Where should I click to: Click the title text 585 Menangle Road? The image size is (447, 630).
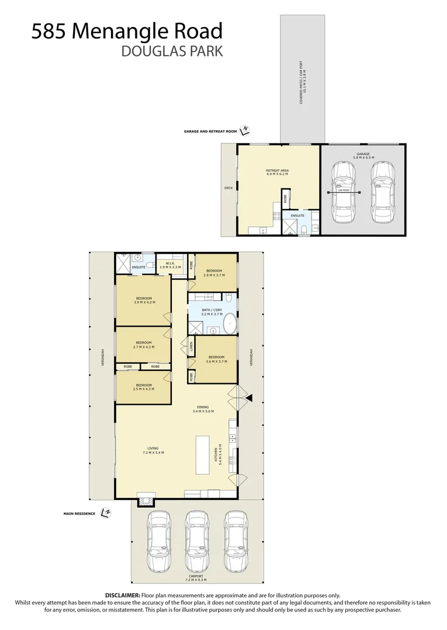coord(127,30)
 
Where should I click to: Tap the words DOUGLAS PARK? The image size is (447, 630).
coord(171,51)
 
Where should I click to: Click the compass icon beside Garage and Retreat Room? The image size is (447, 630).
coord(247,130)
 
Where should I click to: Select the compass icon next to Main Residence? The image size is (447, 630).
coord(105,512)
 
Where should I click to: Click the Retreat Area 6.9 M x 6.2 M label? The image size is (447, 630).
coord(278,173)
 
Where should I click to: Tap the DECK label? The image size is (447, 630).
coord(228,188)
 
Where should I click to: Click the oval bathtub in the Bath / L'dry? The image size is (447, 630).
coord(230,323)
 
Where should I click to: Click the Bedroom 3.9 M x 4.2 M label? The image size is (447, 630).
coord(143,300)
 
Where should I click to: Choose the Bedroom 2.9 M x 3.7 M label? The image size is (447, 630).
coord(213,273)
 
